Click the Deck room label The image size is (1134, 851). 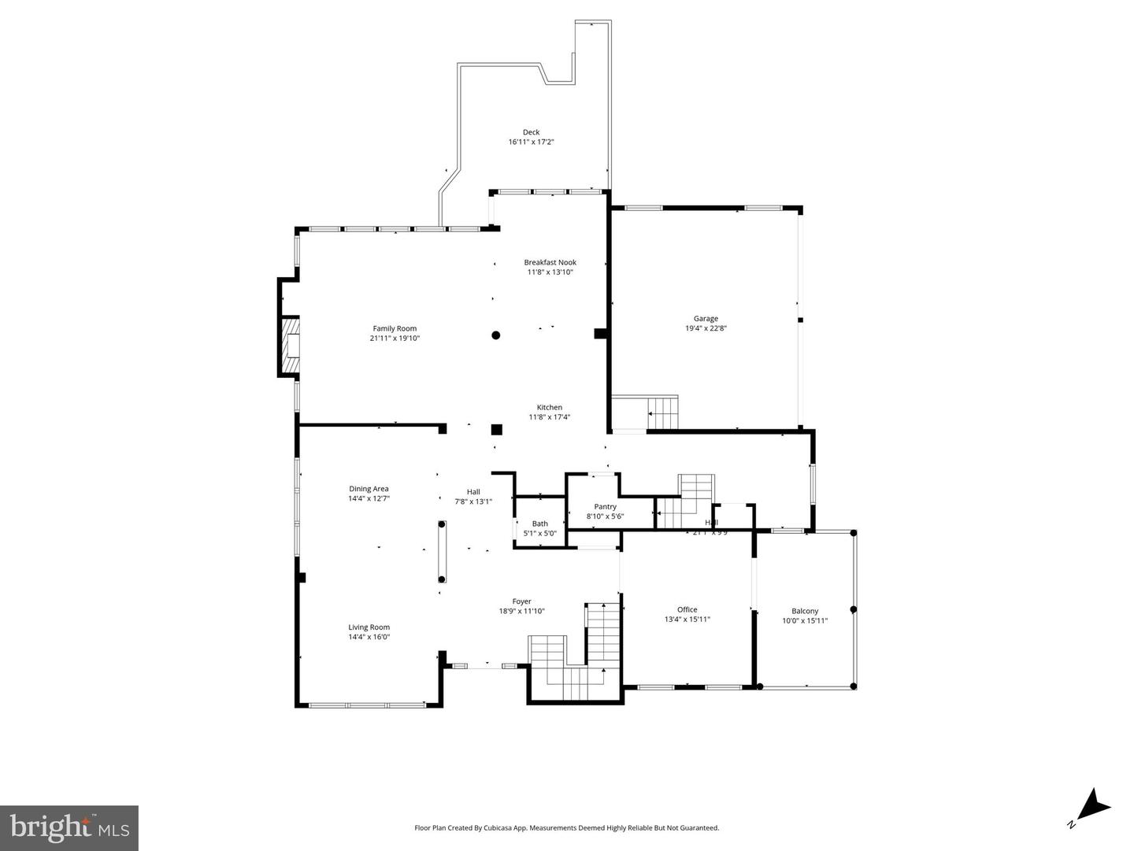tap(531, 132)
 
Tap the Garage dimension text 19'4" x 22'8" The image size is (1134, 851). tap(705, 329)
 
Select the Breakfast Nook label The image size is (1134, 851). tap(550, 262)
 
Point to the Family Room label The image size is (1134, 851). tap(395, 328)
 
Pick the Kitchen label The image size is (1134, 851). tap(549, 407)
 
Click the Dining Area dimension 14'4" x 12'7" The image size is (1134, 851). tap(369, 498)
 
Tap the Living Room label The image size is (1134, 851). tap(369, 627)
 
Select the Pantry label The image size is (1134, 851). tap(605, 506)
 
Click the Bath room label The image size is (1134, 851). tap(539, 524)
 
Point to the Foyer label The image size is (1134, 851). tap(521, 601)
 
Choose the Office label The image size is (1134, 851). tap(687, 609)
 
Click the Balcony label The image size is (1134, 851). tap(804, 611)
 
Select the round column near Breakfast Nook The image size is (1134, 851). tap(496, 335)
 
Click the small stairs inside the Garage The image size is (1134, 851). tap(662, 413)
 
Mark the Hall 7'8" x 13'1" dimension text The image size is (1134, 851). tap(472, 501)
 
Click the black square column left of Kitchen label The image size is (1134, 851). tap(496, 429)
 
